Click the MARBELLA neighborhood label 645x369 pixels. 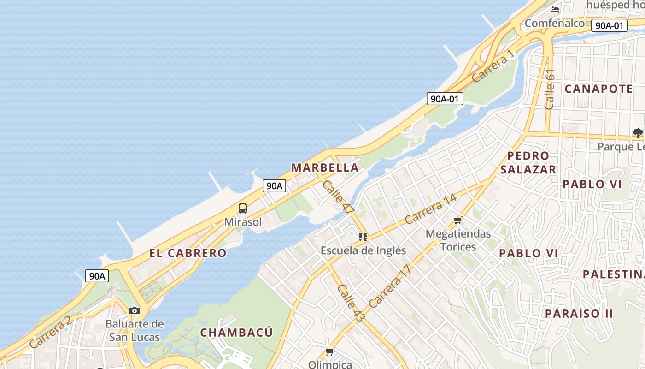325,167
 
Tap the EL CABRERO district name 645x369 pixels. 188,253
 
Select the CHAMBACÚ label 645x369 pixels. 236,333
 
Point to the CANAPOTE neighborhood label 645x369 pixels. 598,89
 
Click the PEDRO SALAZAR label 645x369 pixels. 528,162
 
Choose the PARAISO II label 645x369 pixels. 579,314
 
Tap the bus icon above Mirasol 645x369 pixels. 243,208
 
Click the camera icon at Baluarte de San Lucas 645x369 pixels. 135,310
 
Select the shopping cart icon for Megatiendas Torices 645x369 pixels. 457,220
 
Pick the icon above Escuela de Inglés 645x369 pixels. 363,237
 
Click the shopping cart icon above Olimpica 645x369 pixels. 329,352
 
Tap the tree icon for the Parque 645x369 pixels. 638,133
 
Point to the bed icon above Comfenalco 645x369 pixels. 555,9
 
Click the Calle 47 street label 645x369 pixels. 339,196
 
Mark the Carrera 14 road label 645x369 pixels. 430,208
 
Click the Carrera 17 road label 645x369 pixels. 389,286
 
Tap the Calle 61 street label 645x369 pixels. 549,89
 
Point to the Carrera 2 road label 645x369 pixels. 51,332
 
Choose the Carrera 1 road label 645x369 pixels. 493,66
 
